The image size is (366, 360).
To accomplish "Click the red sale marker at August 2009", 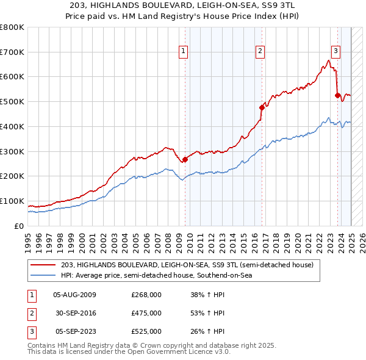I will click(185, 159).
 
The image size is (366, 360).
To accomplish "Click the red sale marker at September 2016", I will click(262, 107).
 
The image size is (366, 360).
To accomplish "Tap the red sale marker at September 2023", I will click(337, 95).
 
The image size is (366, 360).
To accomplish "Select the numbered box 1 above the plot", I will click(184, 51).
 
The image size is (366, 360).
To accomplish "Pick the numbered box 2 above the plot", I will click(260, 51).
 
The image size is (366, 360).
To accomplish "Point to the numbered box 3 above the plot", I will click(335, 51).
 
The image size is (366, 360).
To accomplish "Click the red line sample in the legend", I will click(44, 265).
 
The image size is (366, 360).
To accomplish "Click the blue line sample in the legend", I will click(44, 276).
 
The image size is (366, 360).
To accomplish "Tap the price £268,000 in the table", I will click(146, 295).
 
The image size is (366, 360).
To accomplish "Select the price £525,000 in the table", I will click(146, 331).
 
